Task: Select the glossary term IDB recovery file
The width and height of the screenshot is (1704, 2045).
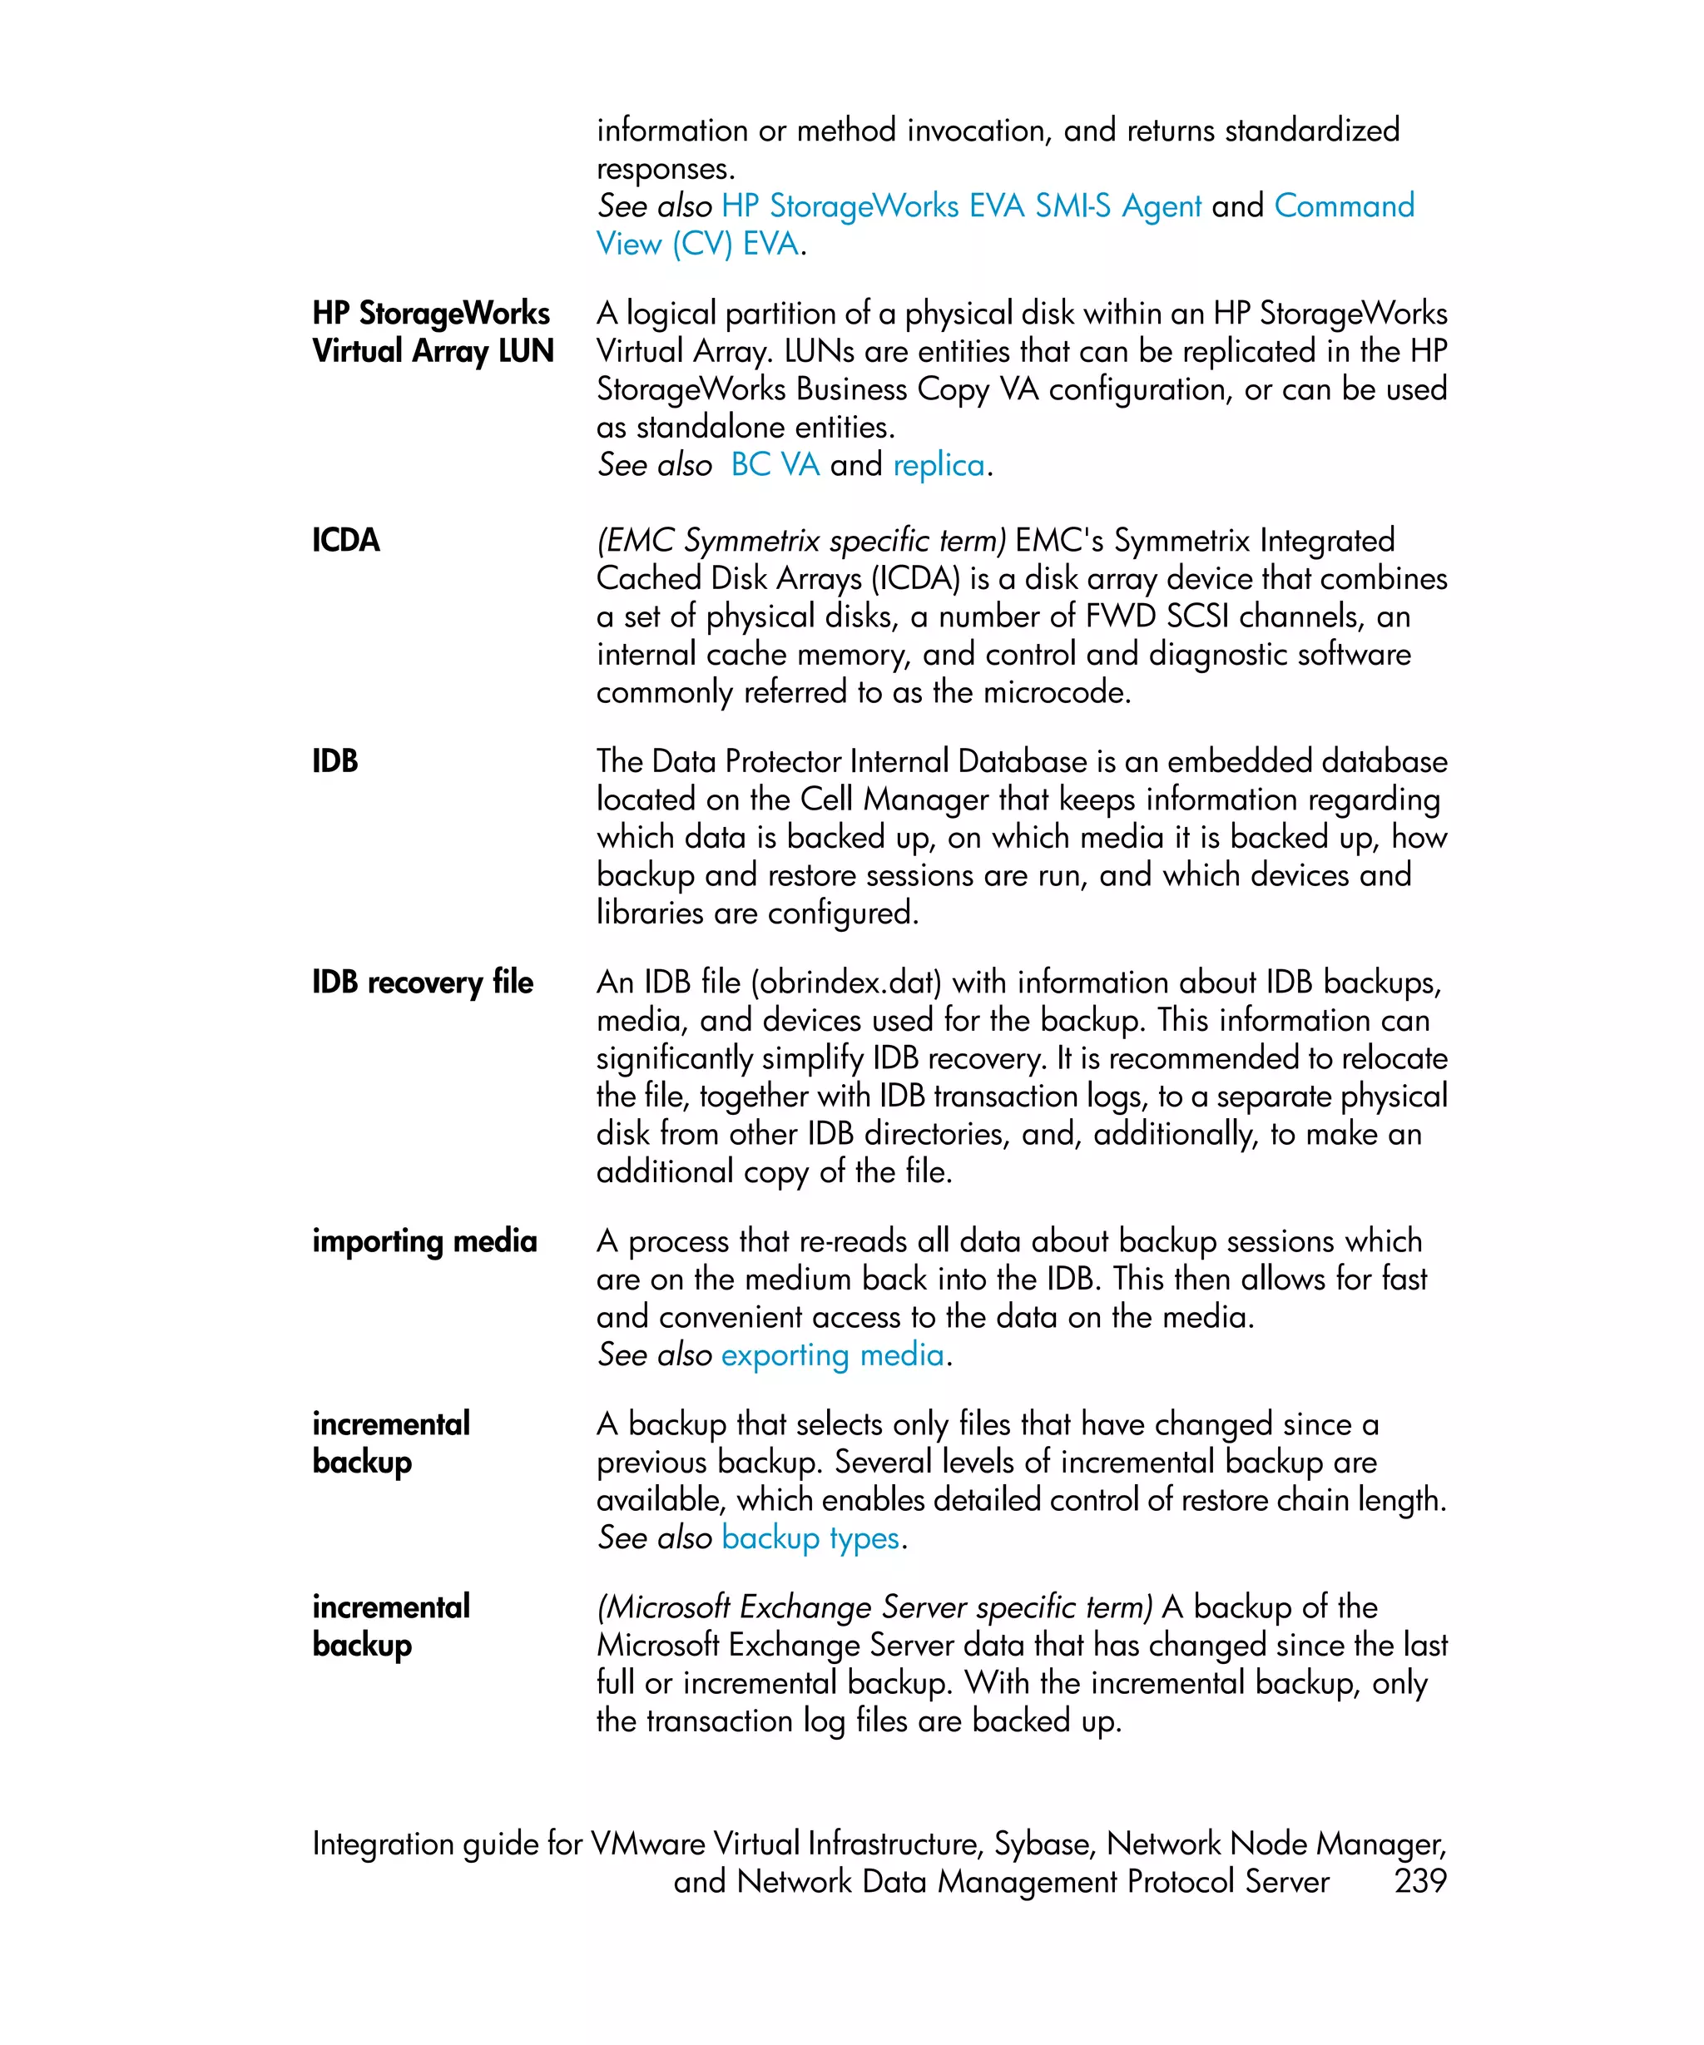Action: click(423, 982)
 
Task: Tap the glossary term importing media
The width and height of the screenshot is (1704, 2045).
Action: click(424, 1240)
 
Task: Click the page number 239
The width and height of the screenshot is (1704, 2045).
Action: click(1419, 1880)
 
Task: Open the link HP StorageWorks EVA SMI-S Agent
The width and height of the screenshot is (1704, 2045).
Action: click(961, 206)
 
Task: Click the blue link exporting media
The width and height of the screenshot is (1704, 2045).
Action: click(833, 1354)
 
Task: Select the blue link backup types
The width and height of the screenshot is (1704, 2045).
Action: click(810, 1537)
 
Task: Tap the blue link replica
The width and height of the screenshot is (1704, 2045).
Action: click(939, 464)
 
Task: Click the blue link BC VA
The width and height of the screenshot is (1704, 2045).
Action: click(775, 464)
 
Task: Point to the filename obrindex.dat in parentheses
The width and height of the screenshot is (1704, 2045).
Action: click(846, 982)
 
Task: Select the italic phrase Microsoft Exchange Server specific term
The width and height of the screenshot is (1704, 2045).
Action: click(874, 1607)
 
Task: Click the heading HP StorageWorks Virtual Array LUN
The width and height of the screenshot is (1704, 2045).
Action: click(433, 332)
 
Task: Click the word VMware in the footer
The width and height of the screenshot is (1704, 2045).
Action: click(647, 1844)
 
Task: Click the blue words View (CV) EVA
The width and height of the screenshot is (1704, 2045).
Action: click(697, 244)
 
